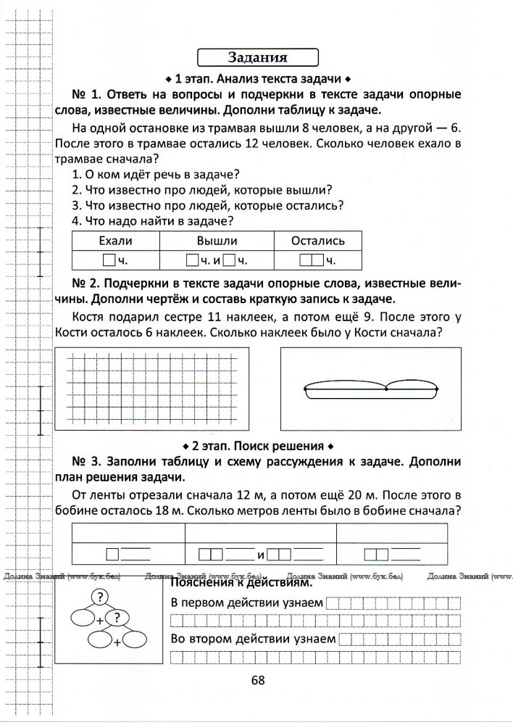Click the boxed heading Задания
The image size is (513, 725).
click(x=258, y=57)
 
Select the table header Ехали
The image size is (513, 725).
click(x=115, y=241)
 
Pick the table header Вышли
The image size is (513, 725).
click(x=216, y=241)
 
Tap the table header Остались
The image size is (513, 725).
click(x=317, y=241)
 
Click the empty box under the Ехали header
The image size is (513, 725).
click(x=109, y=260)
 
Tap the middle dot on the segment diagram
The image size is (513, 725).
click(x=387, y=389)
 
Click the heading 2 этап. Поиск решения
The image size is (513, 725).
click(x=257, y=444)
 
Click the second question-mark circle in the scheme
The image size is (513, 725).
click(x=117, y=618)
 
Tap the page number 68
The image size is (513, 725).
click(x=258, y=679)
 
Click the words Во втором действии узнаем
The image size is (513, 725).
click(x=252, y=639)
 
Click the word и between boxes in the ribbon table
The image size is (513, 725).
click(x=260, y=555)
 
